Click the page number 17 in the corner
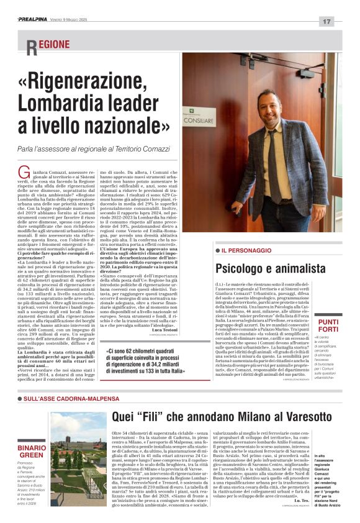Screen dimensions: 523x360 [326, 21]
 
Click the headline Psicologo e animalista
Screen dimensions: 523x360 [270, 268]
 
